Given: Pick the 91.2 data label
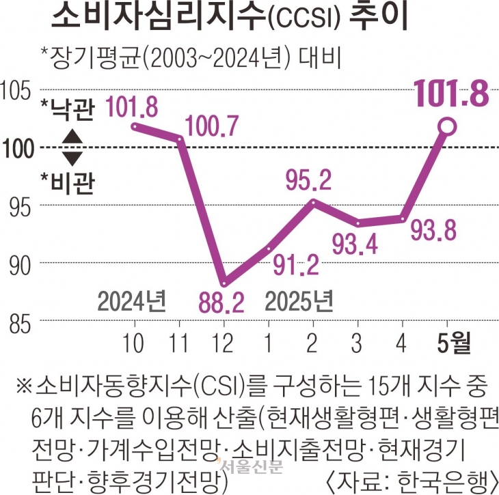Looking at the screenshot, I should (x=293, y=263).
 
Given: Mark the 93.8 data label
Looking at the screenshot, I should (x=433, y=234).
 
